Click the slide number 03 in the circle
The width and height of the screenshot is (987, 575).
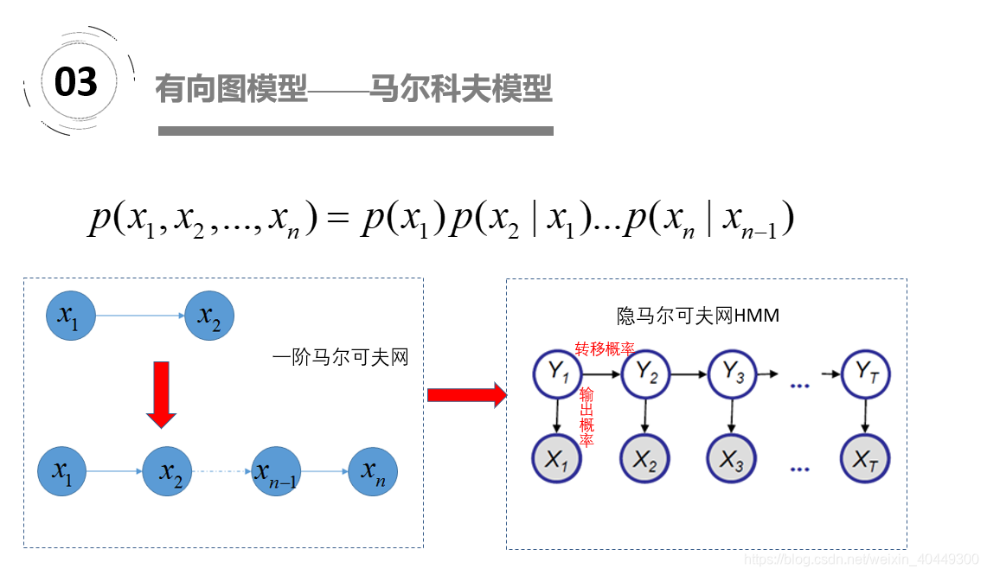coord(76,82)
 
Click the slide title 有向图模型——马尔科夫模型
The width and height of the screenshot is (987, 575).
coord(354,88)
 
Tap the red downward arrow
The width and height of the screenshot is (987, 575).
coord(162,393)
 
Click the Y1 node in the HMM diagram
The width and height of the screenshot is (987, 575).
coord(558,374)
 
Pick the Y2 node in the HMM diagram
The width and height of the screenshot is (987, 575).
coord(646,374)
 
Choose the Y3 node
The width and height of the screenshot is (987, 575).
coord(733,374)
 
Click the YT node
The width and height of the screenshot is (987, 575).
coord(866,374)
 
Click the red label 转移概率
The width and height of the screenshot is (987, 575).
coord(605,348)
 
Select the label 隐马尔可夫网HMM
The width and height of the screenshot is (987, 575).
coord(698,316)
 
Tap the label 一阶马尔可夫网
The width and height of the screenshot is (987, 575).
coord(340,356)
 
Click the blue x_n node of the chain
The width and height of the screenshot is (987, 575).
coord(373,471)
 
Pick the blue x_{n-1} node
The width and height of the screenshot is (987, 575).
coord(275,471)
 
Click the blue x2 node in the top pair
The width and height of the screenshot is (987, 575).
coord(210,316)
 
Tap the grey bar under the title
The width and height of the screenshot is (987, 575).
coord(356,131)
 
